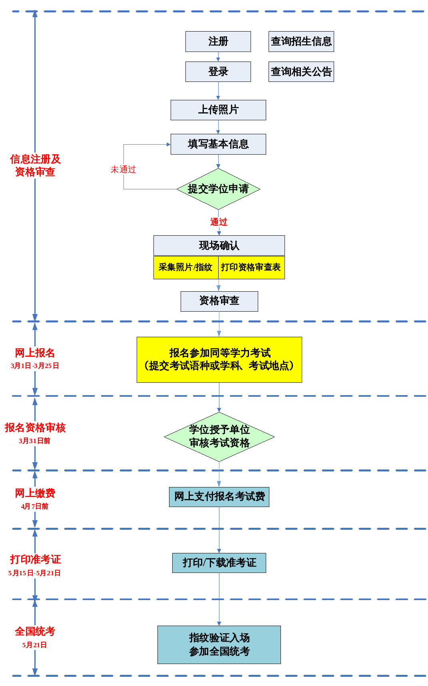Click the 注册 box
(218, 42)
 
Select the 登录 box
(218, 72)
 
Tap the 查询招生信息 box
(301, 42)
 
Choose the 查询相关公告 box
(301, 72)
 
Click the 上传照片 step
(218, 110)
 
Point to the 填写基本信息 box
(218, 144)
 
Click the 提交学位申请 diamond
(218, 189)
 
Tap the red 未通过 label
(123, 169)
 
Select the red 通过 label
(219, 222)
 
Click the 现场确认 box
(219, 246)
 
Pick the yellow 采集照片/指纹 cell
(186, 267)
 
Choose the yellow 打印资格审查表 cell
(251, 267)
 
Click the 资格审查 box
(219, 301)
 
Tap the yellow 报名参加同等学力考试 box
(219, 360)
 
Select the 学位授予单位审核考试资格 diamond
(219, 437)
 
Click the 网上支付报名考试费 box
(219, 497)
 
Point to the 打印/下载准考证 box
(219, 563)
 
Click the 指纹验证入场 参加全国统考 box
(219, 644)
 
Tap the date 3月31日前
(34, 441)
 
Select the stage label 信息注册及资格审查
(35, 165)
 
